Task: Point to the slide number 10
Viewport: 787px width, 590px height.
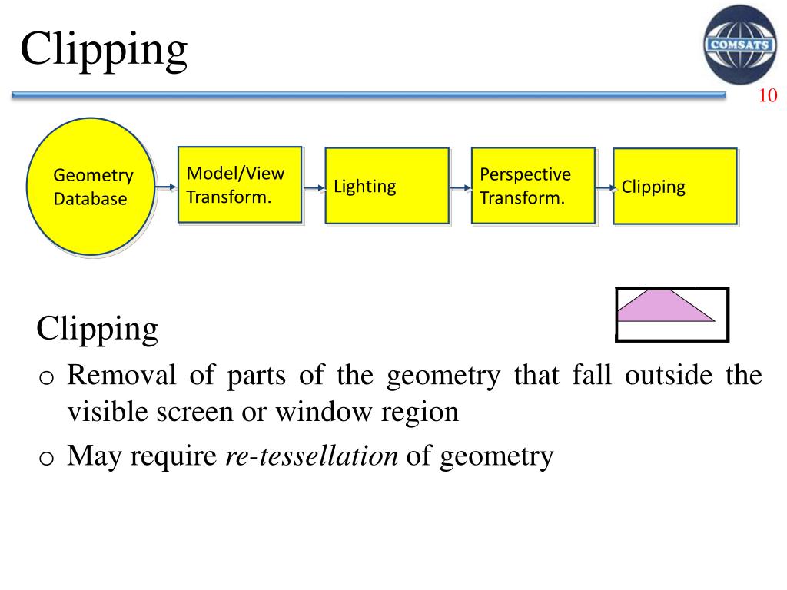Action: coord(768,96)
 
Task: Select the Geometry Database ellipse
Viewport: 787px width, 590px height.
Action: coord(91,187)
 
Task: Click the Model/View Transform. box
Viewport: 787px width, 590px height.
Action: coord(239,184)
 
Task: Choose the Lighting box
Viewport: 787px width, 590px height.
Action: coord(387,186)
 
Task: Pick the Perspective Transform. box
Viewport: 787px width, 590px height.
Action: coord(533,185)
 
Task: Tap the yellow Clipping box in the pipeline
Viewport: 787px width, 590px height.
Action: coord(675,187)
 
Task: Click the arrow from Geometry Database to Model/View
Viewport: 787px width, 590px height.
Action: coord(165,187)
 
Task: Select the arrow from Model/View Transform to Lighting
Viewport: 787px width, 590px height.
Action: coord(314,187)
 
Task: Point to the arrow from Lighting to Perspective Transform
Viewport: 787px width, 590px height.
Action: coord(460,187)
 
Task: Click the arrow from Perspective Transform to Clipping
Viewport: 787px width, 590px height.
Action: coord(605,187)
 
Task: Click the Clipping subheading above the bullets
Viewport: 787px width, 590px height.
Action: coord(97,330)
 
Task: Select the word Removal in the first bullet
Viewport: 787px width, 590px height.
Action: coord(115,376)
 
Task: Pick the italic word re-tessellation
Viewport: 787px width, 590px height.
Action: coord(311,456)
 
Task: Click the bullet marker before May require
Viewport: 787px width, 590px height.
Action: coord(46,459)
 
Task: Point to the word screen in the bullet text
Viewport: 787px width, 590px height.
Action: coord(199,413)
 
